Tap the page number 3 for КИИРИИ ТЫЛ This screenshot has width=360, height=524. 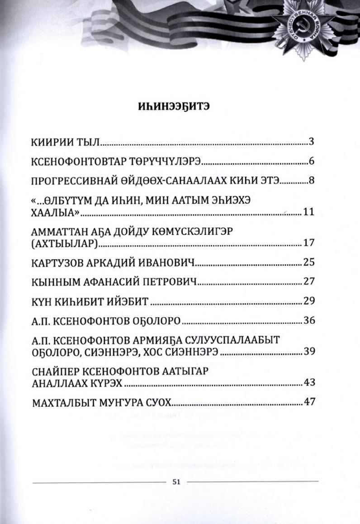[x=312, y=141]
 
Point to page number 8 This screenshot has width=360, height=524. [x=312, y=181]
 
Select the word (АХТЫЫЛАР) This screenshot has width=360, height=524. [x=65, y=243]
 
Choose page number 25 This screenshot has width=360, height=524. [x=308, y=262]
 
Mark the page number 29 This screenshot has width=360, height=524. [x=308, y=301]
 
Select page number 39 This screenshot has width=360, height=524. [x=308, y=352]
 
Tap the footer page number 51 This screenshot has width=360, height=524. [x=176, y=481]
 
